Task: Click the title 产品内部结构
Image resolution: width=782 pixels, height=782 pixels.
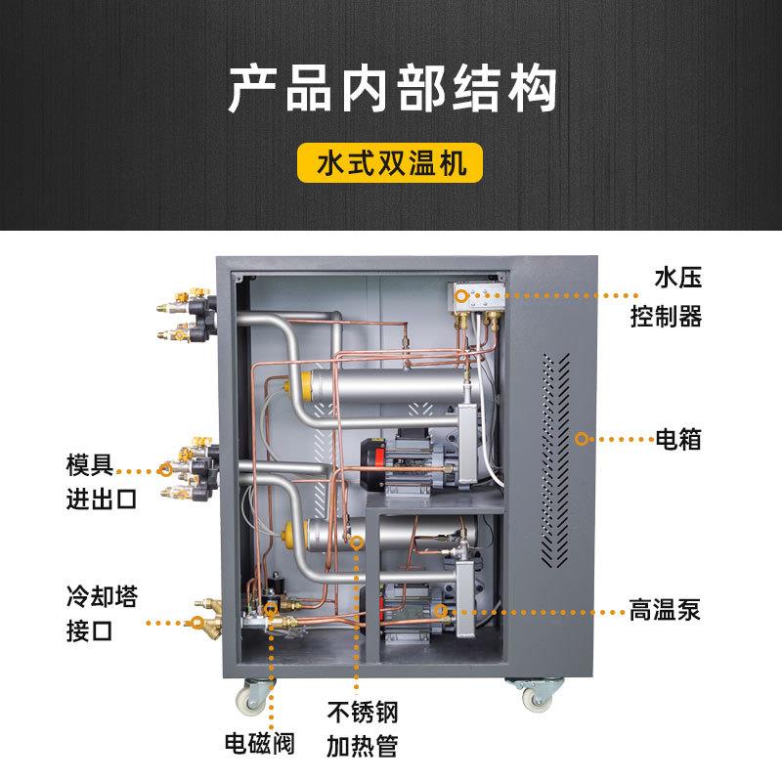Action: [x=391, y=89]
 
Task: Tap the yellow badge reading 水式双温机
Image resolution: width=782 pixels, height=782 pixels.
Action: [x=391, y=162]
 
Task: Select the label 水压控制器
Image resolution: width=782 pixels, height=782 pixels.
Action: [x=677, y=297]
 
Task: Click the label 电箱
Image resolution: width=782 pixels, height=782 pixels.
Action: [x=678, y=440]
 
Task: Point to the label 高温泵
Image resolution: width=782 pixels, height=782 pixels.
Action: [x=664, y=613]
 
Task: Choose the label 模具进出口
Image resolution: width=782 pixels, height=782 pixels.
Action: [x=102, y=480]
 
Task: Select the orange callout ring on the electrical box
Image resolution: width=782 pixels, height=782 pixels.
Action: [x=581, y=440]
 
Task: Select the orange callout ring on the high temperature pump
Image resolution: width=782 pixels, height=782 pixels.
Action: [x=441, y=612]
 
